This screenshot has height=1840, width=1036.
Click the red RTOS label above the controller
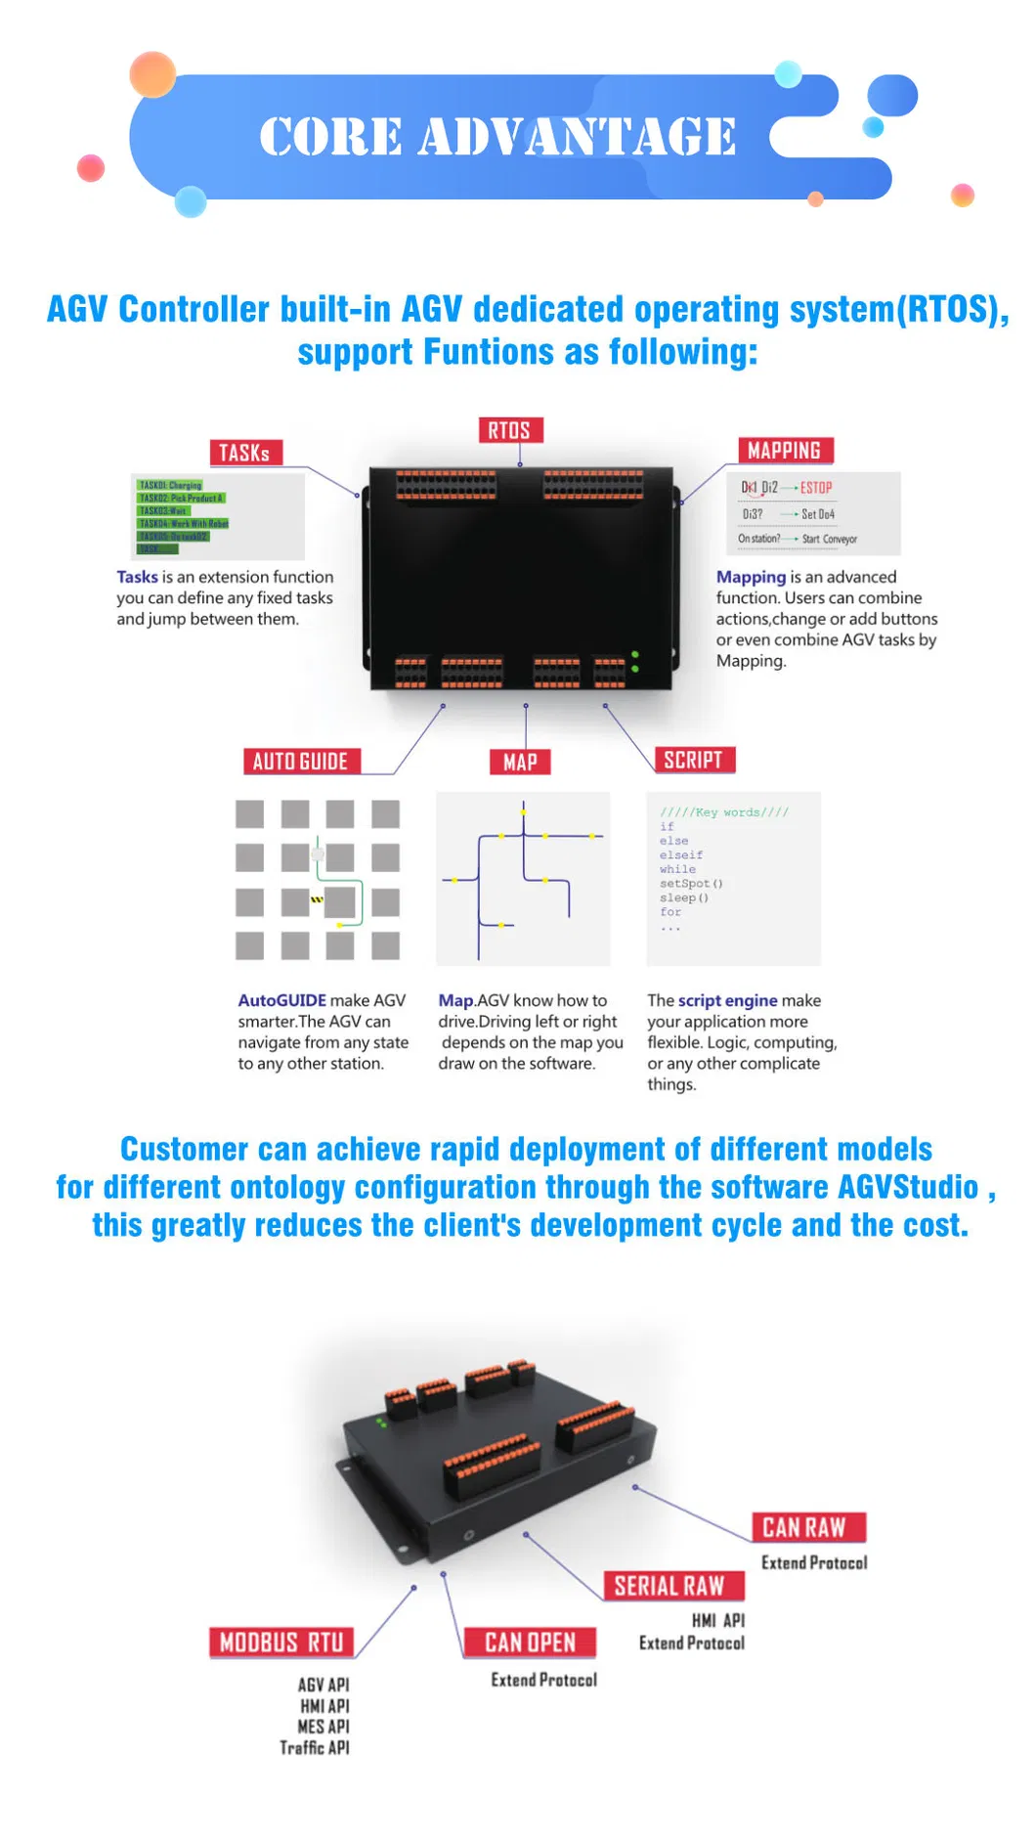[509, 430]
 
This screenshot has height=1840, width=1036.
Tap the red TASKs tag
[245, 453]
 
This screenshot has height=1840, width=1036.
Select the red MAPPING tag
[784, 451]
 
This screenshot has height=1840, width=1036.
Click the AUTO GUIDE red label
[300, 762]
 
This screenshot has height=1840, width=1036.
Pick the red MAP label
[520, 763]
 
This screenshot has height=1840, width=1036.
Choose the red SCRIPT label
[693, 761]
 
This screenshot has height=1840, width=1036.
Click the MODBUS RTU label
[281, 1643]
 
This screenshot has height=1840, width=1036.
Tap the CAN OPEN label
[530, 1643]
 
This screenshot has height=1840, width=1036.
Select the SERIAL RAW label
[669, 1586]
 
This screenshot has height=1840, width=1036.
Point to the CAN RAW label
[803, 1527]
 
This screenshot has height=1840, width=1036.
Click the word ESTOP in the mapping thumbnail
[816, 488]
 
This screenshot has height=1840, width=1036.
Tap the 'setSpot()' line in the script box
[691, 884]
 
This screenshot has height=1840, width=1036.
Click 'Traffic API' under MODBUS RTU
[315, 1748]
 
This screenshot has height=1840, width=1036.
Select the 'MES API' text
[324, 1727]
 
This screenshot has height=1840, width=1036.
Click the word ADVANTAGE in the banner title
[578, 136]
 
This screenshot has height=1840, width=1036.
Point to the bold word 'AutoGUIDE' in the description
[281, 1000]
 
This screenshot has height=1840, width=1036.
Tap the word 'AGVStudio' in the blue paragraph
[908, 1187]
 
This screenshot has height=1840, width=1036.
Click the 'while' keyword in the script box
[677, 869]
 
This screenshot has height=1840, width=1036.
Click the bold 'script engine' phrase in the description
[727, 1000]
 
